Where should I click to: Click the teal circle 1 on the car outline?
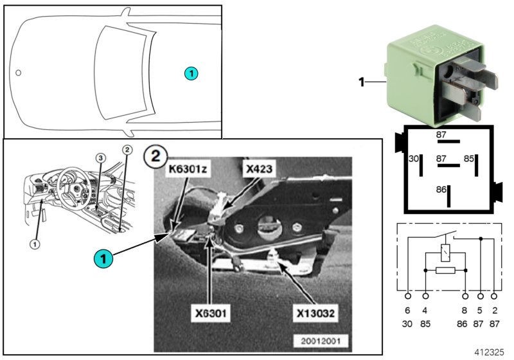[191, 74]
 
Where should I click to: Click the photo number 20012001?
[319, 341]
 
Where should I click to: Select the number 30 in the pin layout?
[414, 158]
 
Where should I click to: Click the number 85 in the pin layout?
[470, 158]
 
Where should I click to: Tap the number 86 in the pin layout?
[441, 190]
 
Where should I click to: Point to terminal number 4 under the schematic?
[425, 310]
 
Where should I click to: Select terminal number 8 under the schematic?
[465, 310]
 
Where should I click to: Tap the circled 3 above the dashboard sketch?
[100, 157]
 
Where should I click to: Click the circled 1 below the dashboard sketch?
[35, 244]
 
